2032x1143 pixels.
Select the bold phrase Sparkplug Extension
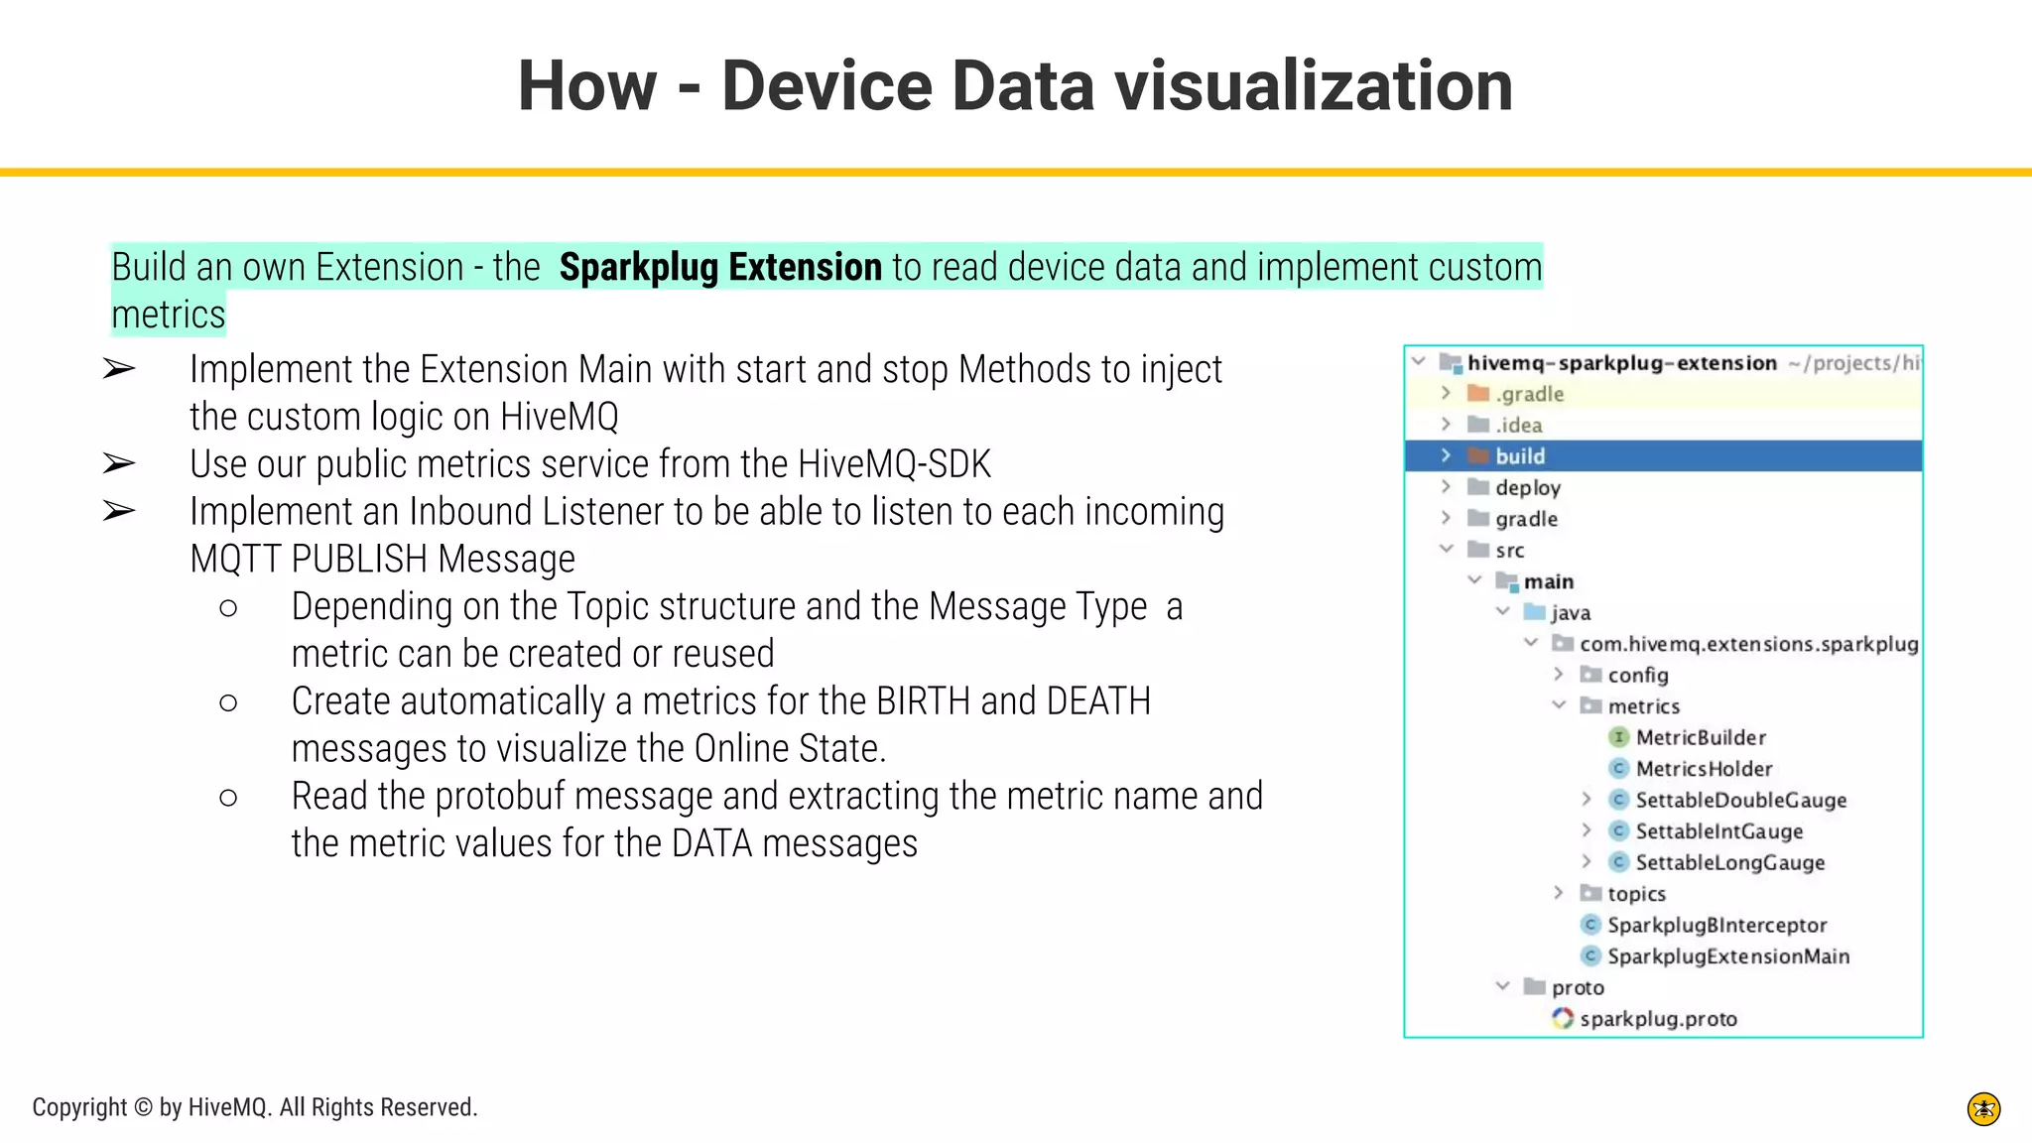click(x=720, y=268)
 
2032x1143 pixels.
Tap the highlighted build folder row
click(x=1520, y=456)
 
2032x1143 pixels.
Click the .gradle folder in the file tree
click(x=1529, y=394)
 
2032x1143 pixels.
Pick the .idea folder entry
click(x=1518, y=426)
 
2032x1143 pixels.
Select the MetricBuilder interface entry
click(x=1700, y=737)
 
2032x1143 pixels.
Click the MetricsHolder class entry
click(x=1703, y=769)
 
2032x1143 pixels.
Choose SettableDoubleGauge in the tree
click(x=1740, y=800)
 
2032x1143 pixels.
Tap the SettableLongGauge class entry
click(x=1729, y=862)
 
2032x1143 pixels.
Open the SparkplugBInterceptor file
click(x=1716, y=925)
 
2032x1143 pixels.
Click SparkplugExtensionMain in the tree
click(x=1727, y=956)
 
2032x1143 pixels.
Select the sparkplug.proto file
click(x=1657, y=1019)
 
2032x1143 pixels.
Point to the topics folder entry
click(x=1636, y=894)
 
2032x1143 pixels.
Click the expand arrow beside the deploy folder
click(x=1447, y=487)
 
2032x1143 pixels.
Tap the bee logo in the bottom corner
click(x=1983, y=1109)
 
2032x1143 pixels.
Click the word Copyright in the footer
click(x=79, y=1107)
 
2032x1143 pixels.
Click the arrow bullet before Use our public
click(x=119, y=464)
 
